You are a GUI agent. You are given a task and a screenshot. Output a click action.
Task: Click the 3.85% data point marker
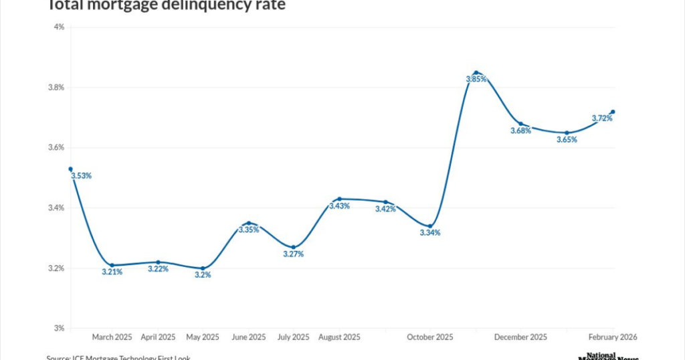(x=476, y=72)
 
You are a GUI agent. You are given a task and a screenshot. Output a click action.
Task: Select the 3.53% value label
(x=81, y=176)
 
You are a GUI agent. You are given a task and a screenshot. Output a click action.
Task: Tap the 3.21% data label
(x=112, y=272)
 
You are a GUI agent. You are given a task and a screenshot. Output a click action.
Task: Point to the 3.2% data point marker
(x=203, y=268)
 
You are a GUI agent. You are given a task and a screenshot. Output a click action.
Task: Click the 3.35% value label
(x=248, y=230)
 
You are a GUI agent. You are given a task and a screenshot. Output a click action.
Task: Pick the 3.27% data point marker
(x=293, y=248)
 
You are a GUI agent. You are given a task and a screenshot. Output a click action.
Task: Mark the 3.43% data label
(x=338, y=206)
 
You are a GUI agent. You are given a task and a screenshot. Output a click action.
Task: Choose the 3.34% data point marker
(x=430, y=226)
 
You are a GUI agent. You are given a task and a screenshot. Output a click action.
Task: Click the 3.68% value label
(x=520, y=130)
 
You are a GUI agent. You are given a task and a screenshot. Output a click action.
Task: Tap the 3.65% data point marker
(x=567, y=133)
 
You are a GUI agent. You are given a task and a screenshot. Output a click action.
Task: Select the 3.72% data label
(x=602, y=118)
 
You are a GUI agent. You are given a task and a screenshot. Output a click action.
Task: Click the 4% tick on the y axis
(x=59, y=27)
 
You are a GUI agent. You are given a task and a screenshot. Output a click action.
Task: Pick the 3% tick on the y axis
(x=59, y=328)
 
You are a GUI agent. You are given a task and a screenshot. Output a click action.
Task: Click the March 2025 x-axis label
(x=112, y=337)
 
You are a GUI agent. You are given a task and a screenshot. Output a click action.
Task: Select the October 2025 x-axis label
(x=430, y=337)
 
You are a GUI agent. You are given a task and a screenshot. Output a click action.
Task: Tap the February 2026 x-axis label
(x=612, y=337)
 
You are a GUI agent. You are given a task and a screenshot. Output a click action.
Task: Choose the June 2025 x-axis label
(x=248, y=337)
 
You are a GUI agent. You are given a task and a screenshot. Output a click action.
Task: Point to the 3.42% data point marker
(x=385, y=202)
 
